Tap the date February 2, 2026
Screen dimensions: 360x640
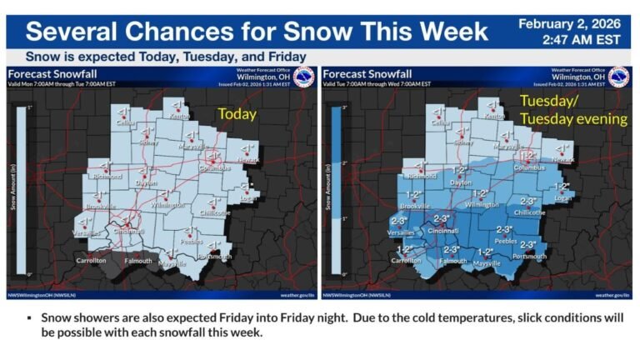[x=574, y=23]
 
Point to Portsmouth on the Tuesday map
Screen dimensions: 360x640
[x=529, y=256]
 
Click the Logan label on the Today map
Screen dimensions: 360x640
[x=247, y=198]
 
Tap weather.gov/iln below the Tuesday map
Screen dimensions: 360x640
[x=612, y=294]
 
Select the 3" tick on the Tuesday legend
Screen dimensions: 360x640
[x=343, y=108]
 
